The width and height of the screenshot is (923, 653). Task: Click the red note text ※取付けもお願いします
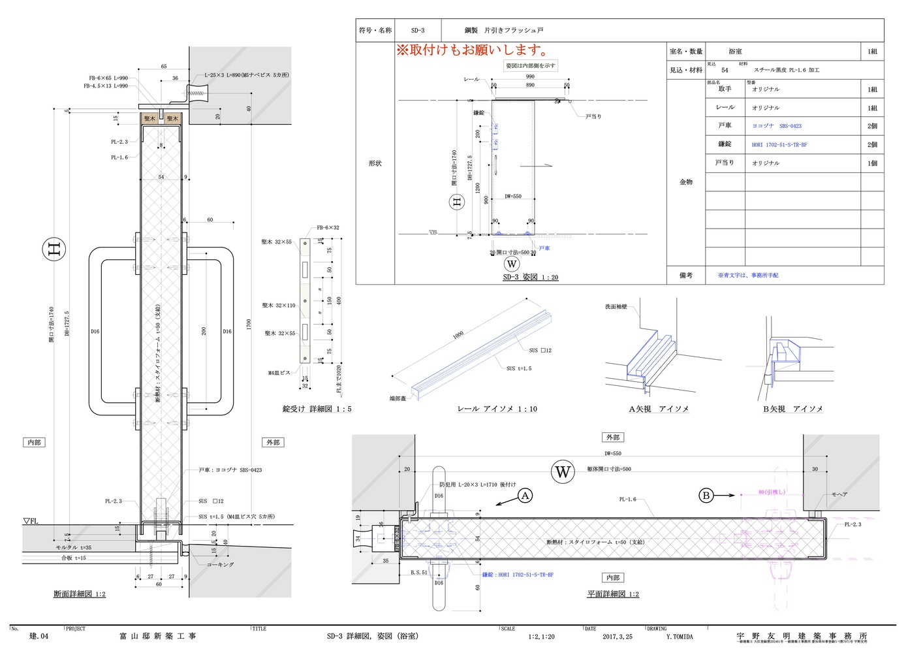click(x=472, y=50)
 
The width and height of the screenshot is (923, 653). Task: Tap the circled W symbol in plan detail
click(x=562, y=471)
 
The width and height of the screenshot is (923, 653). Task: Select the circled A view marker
click(x=525, y=496)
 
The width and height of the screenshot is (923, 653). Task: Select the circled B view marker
click(x=706, y=496)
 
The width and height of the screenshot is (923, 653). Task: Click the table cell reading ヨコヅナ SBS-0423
click(x=777, y=126)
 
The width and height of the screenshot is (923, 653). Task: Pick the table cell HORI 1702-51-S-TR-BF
click(x=779, y=145)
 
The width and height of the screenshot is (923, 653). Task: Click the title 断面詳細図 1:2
click(x=80, y=594)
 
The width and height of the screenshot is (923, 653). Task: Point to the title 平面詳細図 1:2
click(x=612, y=594)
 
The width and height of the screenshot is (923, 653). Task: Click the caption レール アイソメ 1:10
click(x=497, y=409)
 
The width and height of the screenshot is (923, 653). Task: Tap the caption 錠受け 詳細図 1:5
click(x=317, y=409)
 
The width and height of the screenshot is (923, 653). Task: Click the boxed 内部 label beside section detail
click(x=34, y=443)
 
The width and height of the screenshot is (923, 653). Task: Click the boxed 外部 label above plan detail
click(x=612, y=438)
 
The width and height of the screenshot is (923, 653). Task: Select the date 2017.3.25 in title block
click(x=617, y=637)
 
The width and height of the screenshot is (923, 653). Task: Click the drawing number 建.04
click(x=39, y=636)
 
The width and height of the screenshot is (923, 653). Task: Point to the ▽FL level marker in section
click(x=31, y=521)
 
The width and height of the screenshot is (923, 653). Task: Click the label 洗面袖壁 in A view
click(x=616, y=307)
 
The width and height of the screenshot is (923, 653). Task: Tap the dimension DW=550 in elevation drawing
click(x=512, y=197)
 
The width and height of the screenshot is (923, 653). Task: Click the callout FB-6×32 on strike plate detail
click(x=328, y=228)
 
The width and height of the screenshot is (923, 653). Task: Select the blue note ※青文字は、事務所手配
click(x=748, y=276)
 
